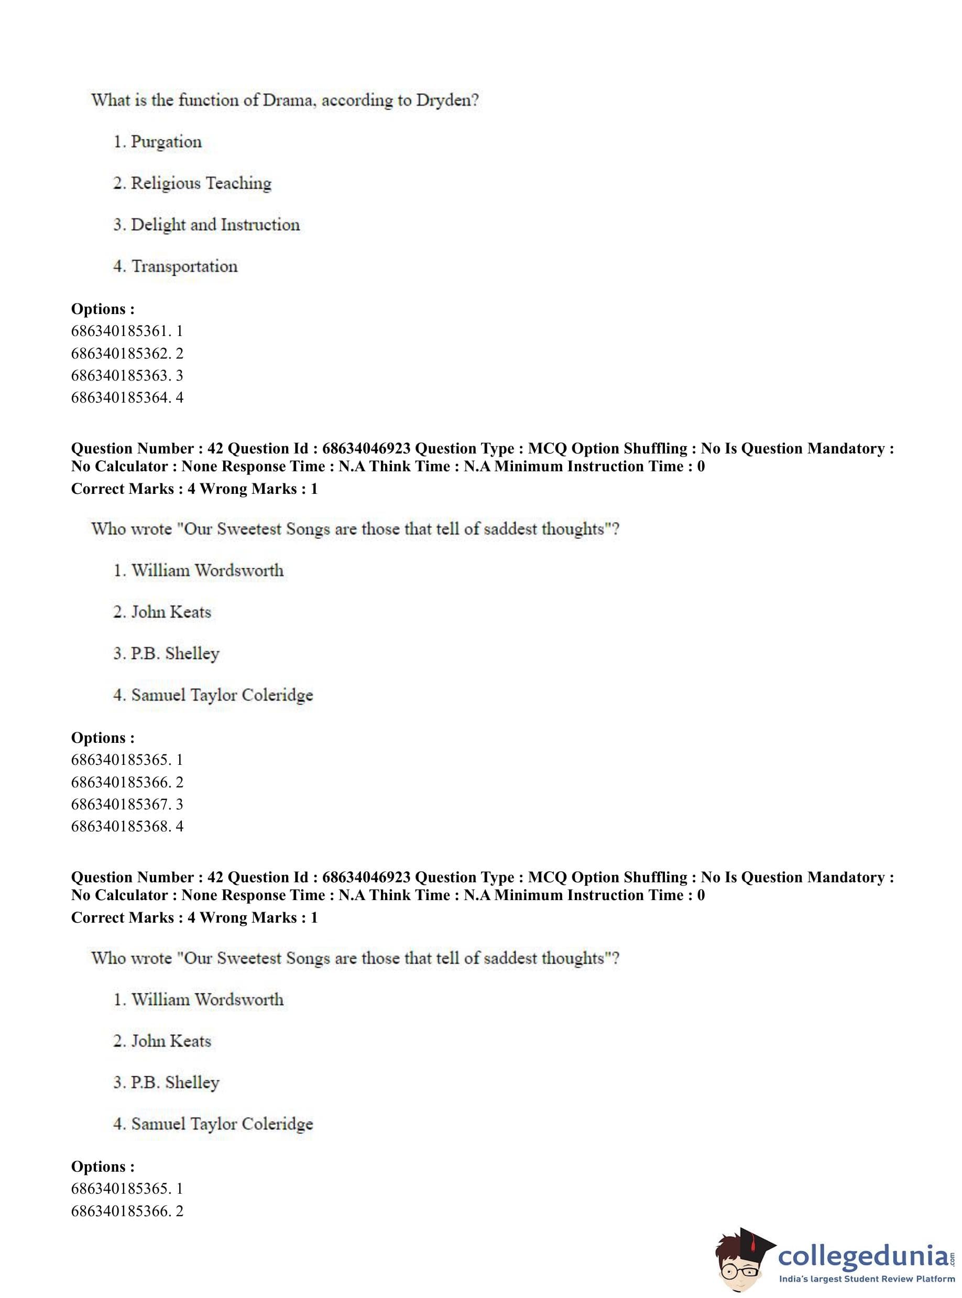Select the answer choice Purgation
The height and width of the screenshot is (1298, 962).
click(166, 142)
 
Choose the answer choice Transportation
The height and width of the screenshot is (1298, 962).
click(184, 266)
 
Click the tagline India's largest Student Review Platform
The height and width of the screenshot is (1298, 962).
click(867, 1279)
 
